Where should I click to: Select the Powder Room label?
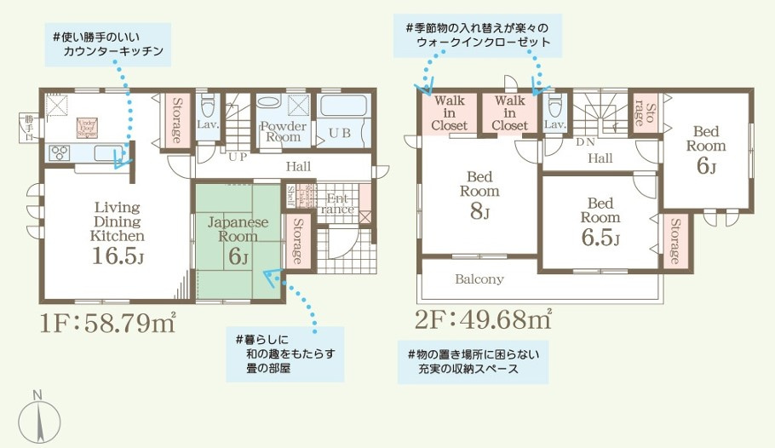(282, 131)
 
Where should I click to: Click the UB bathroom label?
(339, 133)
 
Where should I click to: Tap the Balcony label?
(479, 279)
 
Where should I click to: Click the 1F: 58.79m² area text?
(106, 323)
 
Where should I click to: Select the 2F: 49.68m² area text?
(483, 320)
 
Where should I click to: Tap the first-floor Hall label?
(298, 166)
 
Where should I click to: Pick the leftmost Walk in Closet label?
(449, 112)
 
